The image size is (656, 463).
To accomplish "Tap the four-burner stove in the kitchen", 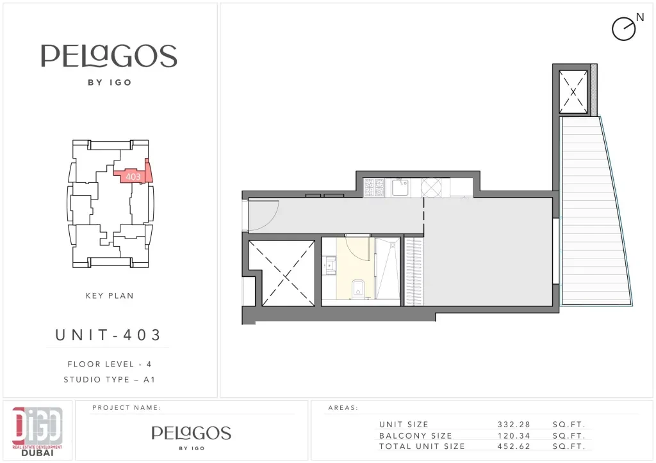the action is (x=373, y=187).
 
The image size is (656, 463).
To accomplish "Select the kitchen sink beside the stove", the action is (x=400, y=187).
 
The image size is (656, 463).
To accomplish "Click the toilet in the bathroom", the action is (x=358, y=288).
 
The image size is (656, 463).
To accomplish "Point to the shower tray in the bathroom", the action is (x=388, y=269).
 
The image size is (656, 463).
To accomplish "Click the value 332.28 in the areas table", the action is (x=514, y=425).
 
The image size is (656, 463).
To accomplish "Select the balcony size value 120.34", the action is (x=514, y=436).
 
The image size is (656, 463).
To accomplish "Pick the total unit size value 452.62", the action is (x=514, y=446).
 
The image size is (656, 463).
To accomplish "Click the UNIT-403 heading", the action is (x=108, y=335).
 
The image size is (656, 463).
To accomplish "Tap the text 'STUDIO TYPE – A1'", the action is (x=109, y=379).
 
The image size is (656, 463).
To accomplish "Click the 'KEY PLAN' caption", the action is (x=110, y=295).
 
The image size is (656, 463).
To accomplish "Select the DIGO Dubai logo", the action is (x=37, y=431).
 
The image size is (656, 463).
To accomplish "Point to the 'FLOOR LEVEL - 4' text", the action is (x=110, y=364).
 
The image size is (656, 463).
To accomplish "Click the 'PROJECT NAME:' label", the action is (x=127, y=407).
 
